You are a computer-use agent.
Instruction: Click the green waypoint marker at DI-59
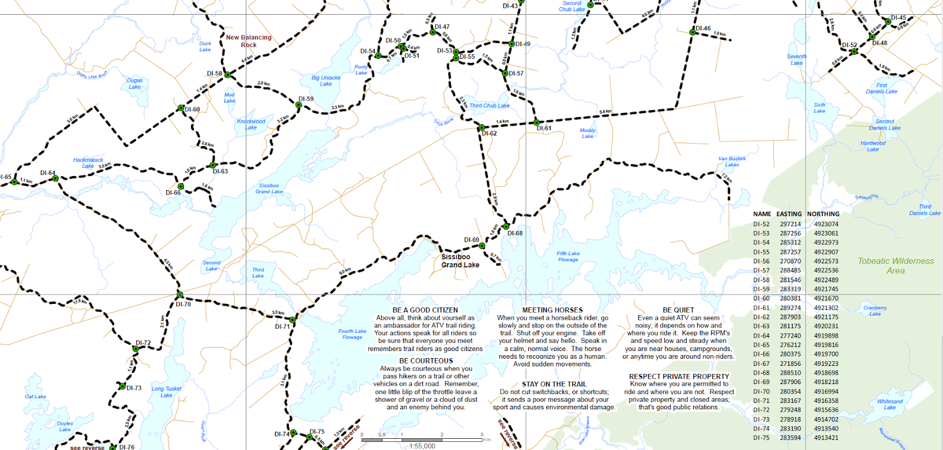coord(299,105)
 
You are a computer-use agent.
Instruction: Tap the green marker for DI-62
coord(482,127)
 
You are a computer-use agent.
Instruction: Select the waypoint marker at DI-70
coord(180,295)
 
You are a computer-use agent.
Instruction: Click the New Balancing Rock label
coord(249,41)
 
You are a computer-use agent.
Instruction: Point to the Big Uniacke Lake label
coord(326,81)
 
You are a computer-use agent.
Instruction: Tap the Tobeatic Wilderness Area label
coord(896,266)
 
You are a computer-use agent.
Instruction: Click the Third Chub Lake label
coord(489,106)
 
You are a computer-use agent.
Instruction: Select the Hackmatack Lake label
coord(88,163)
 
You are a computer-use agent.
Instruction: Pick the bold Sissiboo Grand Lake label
coord(460,261)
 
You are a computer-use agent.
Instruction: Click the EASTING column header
coord(789,214)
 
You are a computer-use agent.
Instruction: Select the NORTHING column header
coord(823,214)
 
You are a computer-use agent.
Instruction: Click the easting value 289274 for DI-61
coord(790,308)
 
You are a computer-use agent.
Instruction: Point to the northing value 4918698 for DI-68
coord(826,373)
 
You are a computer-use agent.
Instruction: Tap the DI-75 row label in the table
coord(761,438)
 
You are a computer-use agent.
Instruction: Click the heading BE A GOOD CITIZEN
coord(425,310)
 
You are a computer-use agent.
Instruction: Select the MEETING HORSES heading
coord(552,310)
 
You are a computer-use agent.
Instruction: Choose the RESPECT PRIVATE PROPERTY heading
coord(679,376)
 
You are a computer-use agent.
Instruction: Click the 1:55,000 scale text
coord(422,446)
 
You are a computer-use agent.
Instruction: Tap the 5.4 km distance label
coord(605,111)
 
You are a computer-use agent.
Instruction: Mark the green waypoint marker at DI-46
coord(693,32)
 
